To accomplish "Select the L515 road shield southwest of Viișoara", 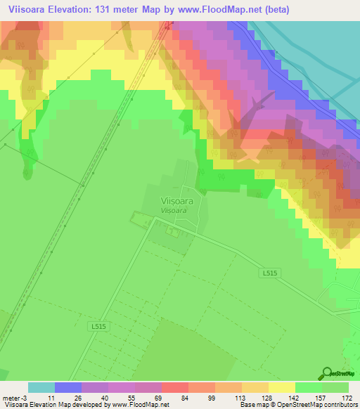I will (x=98, y=327).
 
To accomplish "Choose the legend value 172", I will (x=347, y=397).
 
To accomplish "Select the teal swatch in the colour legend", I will (x=41, y=387).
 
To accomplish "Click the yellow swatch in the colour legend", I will (x=281, y=387).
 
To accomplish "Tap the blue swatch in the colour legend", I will (x=68, y=387).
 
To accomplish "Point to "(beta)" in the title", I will (x=274, y=10).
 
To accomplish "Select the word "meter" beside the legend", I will (x=13, y=397).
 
